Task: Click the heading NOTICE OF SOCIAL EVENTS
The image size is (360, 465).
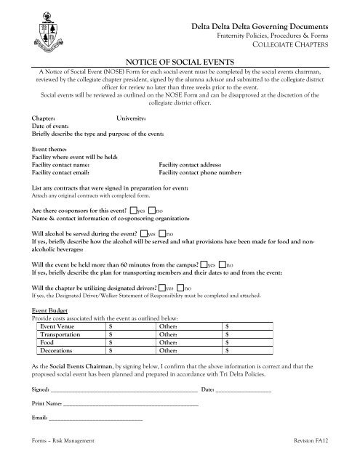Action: (x=180, y=64)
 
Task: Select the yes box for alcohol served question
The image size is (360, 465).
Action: (x=143, y=234)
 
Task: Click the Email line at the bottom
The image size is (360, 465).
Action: (x=95, y=419)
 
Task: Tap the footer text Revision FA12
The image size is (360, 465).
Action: (x=316, y=451)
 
